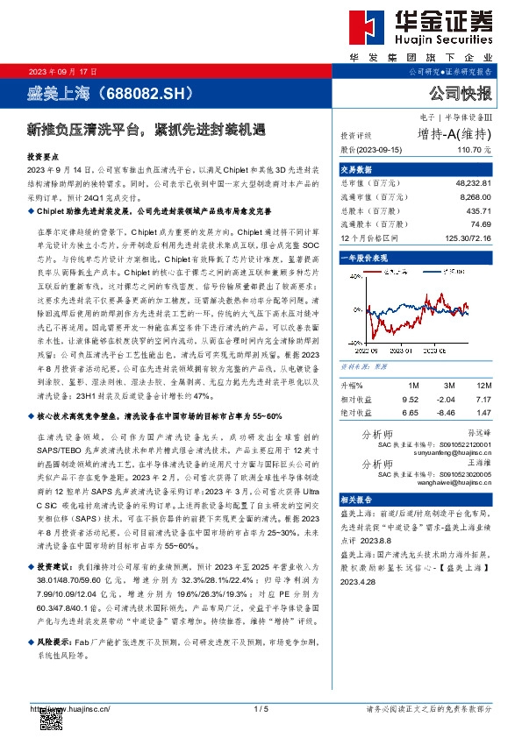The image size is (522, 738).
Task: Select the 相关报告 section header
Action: [x=357, y=498]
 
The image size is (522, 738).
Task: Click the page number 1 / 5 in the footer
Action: [x=260, y=709]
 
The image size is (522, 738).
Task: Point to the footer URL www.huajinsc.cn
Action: [x=70, y=709]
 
